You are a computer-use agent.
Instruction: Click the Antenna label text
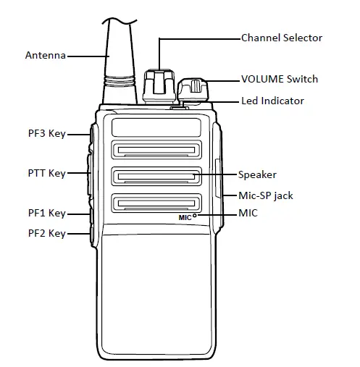pyautogui.click(x=46, y=55)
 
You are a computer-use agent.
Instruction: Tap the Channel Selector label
pyautogui.click(x=281, y=38)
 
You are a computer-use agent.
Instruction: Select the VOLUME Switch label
pyautogui.click(x=279, y=79)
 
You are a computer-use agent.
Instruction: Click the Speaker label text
pyautogui.click(x=257, y=174)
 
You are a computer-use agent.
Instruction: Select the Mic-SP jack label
pyautogui.click(x=266, y=195)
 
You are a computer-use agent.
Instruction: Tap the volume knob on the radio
pyautogui.click(x=191, y=90)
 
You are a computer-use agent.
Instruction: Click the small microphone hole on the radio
pyautogui.click(x=196, y=216)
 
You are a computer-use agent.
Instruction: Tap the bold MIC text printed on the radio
pyautogui.click(x=185, y=216)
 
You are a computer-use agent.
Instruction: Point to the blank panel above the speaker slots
pyautogui.click(x=156, y=127)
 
